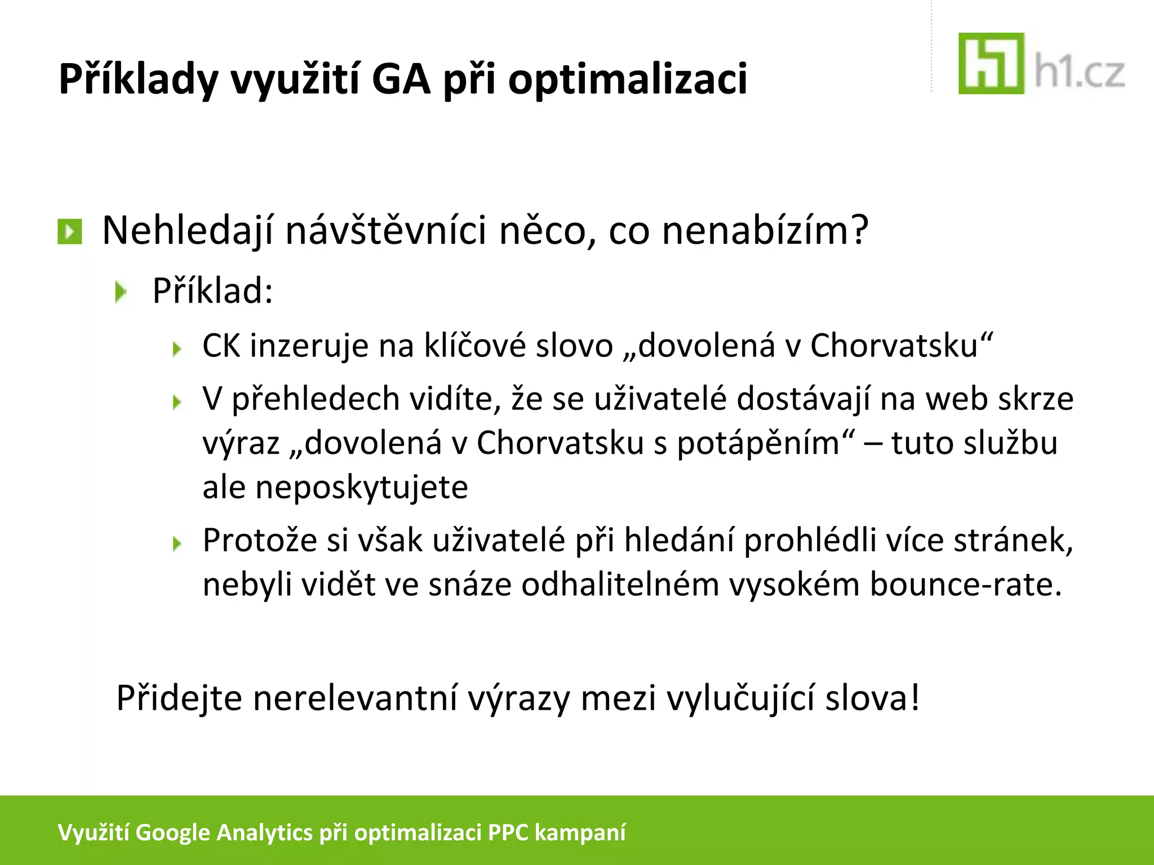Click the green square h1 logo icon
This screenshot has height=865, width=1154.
[991, 64]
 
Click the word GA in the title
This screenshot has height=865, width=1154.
[401, 79]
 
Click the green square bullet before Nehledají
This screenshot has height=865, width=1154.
[70, 231]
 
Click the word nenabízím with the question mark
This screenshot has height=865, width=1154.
[765, 231]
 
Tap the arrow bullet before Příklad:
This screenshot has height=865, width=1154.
[121, 292]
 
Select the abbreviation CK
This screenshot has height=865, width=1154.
[221, 345]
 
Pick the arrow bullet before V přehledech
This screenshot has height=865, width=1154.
[177, 402]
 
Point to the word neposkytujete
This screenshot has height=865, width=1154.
[362, 487]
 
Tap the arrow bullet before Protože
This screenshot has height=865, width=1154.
[177, 543]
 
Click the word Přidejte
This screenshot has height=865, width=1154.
[179, 698]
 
